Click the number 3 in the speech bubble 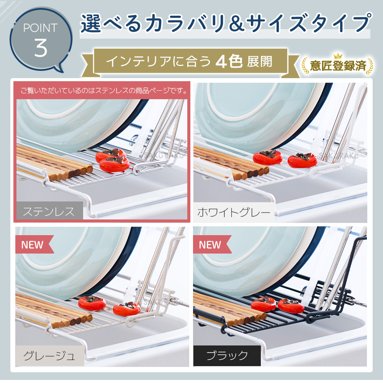click(x=41, y=48)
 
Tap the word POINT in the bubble click(x=41, y=28)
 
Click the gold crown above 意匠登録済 click(x=338, y=56)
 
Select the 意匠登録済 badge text click(x=338, y=66)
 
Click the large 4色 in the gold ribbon click(x=229, y=61)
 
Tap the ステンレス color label click(x=49, y=211)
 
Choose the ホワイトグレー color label click(x=234, y=212)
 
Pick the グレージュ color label click(x=49, y=356)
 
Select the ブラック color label click(x=227, y=355)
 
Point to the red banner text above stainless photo click(x=103, y=91)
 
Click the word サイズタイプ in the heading click(x=309, y=23)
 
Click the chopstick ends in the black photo click(x=246, y=318)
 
